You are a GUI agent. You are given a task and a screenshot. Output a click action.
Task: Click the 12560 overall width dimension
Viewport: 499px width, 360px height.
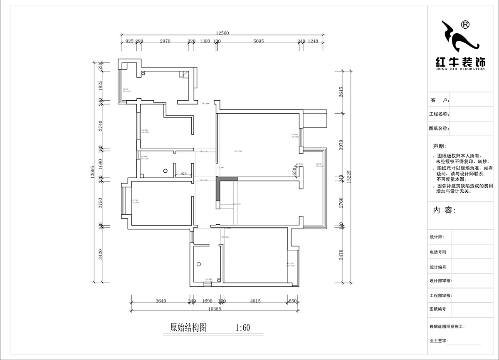[222, 33]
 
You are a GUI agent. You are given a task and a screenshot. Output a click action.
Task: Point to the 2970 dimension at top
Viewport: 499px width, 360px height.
[165, 41]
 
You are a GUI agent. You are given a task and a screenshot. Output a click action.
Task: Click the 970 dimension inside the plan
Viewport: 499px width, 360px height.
[183, 174]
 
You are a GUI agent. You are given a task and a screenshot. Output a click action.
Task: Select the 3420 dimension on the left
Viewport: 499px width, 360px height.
[100, 254]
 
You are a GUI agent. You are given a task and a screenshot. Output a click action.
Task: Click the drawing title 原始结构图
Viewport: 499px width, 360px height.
[188, 328]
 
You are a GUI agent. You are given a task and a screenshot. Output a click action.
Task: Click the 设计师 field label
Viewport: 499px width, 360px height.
[437, 237]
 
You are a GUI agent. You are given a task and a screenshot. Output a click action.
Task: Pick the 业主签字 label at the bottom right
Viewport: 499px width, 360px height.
[438, 341]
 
